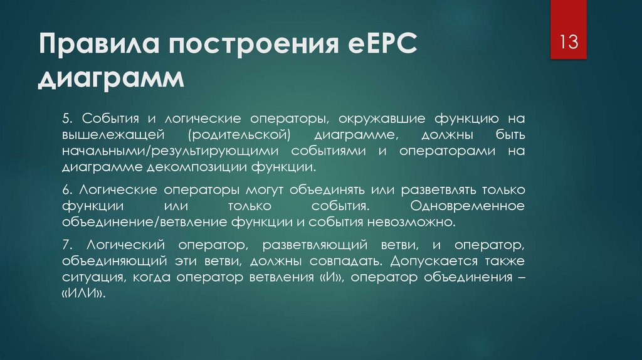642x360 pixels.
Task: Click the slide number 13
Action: [569, 44]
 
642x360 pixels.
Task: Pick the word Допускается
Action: [436, 260]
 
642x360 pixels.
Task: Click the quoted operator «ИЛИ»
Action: [83, 293]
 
